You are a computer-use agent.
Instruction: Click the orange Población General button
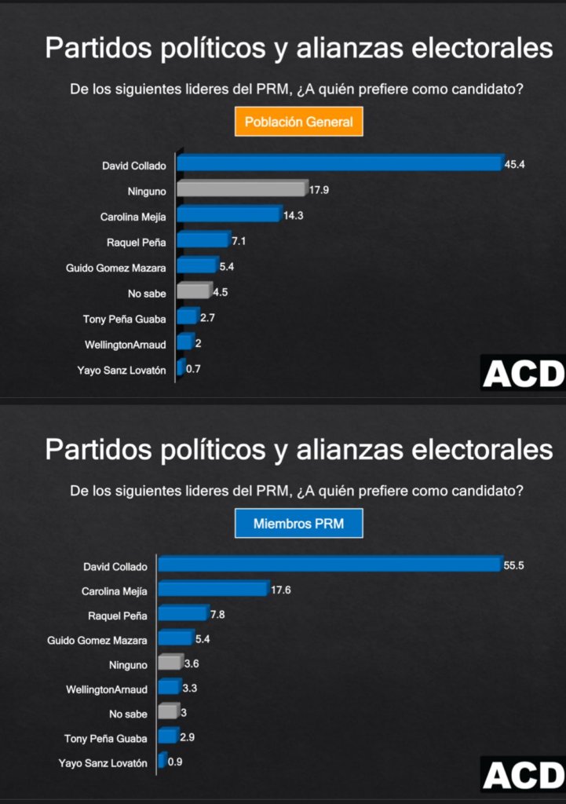[298, 122]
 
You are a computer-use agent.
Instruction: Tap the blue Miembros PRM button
[298, 524]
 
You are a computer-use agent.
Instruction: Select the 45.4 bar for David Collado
[338, 163]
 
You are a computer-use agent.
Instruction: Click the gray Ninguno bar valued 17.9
[240, 189]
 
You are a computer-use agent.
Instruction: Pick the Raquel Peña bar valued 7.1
[202, 240]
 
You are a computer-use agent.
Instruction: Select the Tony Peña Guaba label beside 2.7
[125, 319]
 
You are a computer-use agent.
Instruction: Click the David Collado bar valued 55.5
[330, 565]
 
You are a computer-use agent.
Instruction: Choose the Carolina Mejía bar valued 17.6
[212, 590]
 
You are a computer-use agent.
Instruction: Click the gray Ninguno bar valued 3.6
[169, 664]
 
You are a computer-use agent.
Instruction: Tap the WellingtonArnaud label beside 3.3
[107, 689]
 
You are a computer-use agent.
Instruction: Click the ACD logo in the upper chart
[523, 374]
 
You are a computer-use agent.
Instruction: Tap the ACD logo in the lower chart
[523, 776]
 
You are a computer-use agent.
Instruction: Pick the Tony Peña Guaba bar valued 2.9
[166, 736]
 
